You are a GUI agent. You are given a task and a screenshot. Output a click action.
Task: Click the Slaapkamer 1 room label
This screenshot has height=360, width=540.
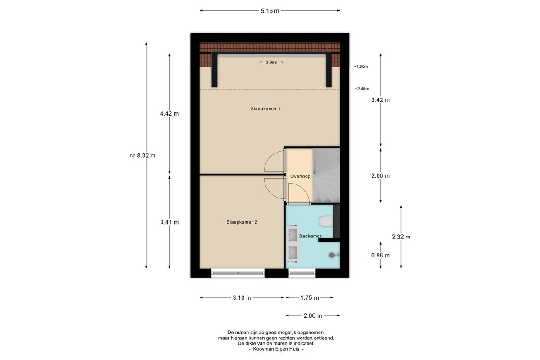click(x=265, y=109)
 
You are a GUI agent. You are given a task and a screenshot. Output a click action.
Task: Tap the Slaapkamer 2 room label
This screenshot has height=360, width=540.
click(x=242, y=222)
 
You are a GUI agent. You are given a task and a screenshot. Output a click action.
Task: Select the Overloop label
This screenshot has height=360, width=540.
click(x=300, y=176)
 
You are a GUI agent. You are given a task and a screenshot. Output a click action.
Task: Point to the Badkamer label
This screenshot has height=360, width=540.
click(x=310, y=236)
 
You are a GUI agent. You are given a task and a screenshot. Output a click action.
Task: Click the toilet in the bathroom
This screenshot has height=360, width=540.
click(x=326, y=221)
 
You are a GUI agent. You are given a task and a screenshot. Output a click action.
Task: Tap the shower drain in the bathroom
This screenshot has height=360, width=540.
click(x=332, y=255)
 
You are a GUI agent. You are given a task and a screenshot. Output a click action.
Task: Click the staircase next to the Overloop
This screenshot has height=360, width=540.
click(x=326, y=175)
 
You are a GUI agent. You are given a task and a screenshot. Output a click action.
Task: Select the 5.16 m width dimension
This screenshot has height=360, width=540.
click(x=270, y=11)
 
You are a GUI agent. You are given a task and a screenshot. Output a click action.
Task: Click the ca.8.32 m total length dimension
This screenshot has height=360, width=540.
click(x=143, y=156)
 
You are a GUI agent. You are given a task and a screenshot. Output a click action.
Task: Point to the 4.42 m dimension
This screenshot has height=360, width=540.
click(x=169, y=113)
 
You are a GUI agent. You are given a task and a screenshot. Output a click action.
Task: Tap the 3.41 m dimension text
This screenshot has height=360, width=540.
click(x=169, y=222)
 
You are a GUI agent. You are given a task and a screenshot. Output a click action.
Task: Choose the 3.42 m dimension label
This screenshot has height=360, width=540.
click(x=380, y=100)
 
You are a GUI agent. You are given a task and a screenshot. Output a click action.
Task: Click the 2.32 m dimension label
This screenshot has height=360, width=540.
click(x=401, y=237)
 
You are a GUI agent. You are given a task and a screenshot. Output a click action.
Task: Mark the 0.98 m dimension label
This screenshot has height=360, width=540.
click(x=380, y=255)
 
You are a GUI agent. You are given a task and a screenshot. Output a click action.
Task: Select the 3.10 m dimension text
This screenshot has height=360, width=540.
click(x=242, y=298)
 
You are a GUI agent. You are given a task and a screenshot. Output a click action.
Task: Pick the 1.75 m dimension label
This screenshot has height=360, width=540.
click(x=310, y=298)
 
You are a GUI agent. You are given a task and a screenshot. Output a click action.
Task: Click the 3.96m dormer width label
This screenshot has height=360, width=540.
click(x=271, y=63)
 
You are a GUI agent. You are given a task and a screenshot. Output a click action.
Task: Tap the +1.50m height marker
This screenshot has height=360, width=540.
click(x=361, y=67)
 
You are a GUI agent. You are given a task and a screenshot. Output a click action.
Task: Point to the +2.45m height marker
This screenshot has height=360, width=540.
click(x=362, y=89)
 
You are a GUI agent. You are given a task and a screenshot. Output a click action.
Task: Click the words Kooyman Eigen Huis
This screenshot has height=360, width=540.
click(x=276, y=349)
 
